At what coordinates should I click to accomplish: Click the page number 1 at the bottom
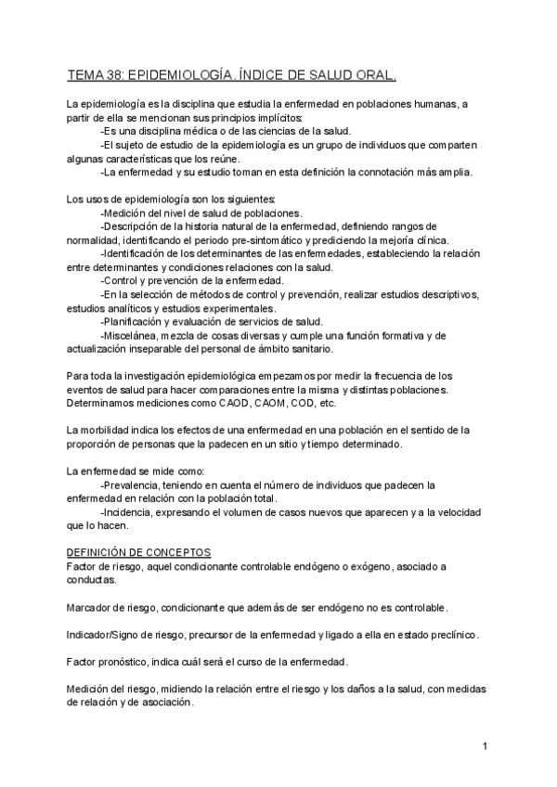pyautogui.click(x=486, y=746)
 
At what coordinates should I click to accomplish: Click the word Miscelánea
pyautogui.click(x=133, y=335)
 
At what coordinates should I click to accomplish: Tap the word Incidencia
pyautogui.click(x=131, y=512)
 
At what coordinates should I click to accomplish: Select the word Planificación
pyautogui.click(x=136, y=321)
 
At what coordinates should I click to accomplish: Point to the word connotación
pyautogui.click(x=380, y=172)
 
